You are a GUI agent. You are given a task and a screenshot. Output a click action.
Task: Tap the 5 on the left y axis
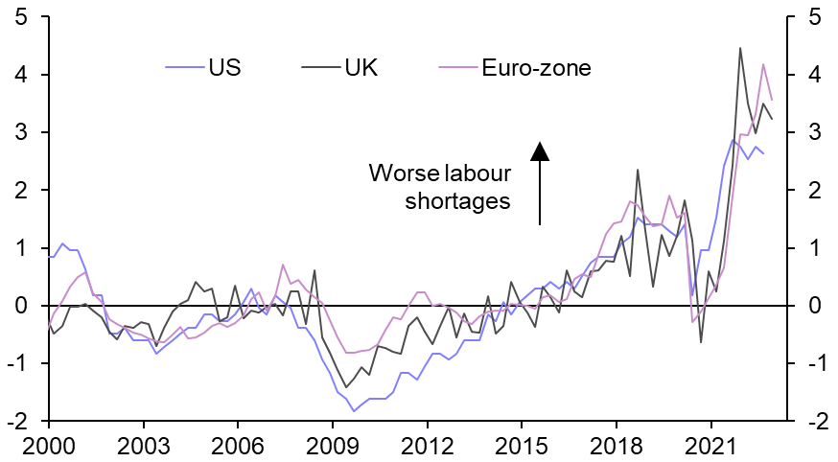(x=19, y=17)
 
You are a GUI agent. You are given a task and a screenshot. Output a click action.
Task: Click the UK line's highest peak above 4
(x=740, y=48)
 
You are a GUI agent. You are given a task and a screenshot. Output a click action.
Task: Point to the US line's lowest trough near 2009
(x=354, y=411)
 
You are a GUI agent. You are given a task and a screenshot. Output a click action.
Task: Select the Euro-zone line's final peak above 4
(x=763, y=64)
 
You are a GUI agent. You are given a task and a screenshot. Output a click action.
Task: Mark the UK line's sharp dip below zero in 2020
(x=701, y=342)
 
